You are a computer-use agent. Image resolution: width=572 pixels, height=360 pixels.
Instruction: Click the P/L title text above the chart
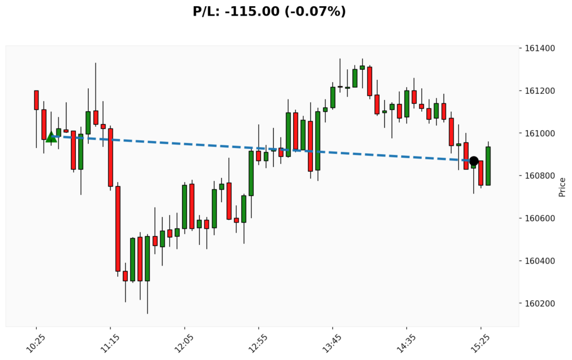point(269,11)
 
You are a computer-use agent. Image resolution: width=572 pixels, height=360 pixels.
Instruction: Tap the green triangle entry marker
point(51,136)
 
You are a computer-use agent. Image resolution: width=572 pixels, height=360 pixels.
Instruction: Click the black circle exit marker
point(474,161)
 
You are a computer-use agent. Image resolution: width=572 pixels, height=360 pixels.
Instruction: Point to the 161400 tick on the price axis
point(540,48)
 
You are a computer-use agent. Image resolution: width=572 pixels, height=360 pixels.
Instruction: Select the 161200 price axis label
point(540,91)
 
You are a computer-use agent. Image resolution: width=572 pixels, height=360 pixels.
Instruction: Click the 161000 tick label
point(540,133)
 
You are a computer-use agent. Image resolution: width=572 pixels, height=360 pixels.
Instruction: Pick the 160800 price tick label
point(540,176)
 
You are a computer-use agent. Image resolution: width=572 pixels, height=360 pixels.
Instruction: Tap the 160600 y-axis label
point(540,218)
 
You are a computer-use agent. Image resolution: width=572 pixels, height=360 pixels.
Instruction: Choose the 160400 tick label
point(540,260)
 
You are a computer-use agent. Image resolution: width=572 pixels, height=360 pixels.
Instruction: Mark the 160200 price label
point(540,304)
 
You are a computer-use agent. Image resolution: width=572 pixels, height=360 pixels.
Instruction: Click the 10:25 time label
point(35,341)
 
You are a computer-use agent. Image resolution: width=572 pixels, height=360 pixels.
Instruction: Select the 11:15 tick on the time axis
point(109,341)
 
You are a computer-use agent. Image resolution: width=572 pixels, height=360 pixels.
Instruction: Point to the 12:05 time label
point(183,341)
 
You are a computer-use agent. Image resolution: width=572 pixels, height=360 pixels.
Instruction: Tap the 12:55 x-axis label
point(257,341)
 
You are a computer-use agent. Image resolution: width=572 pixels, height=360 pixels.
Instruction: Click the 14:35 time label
point(405,341)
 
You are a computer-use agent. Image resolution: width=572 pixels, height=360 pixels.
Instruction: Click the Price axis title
point(562,187)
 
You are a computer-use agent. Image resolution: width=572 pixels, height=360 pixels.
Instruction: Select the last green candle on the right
point(488,166)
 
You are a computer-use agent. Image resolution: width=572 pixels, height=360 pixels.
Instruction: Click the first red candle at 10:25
point(36,100)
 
